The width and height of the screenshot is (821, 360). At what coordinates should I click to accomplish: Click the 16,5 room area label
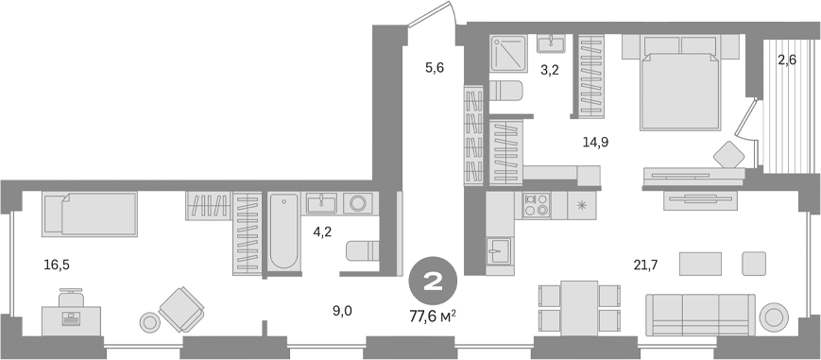[x=56, y=266]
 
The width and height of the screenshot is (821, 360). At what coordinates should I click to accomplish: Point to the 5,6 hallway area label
[x=434, y=67]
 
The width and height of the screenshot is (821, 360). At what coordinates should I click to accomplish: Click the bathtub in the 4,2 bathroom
[x=282, y=232]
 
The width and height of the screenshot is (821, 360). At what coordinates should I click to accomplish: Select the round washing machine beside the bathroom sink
[x=358, y=203]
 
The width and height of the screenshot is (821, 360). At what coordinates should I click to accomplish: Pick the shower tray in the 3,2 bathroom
[x=510, y=53]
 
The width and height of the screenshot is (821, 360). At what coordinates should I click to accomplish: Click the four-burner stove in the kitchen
[x=537, y=205]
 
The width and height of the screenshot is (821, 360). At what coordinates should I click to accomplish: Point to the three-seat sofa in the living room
[x=700, y=313]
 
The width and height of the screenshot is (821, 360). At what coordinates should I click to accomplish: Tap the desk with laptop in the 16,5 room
[x=72, y=316]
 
